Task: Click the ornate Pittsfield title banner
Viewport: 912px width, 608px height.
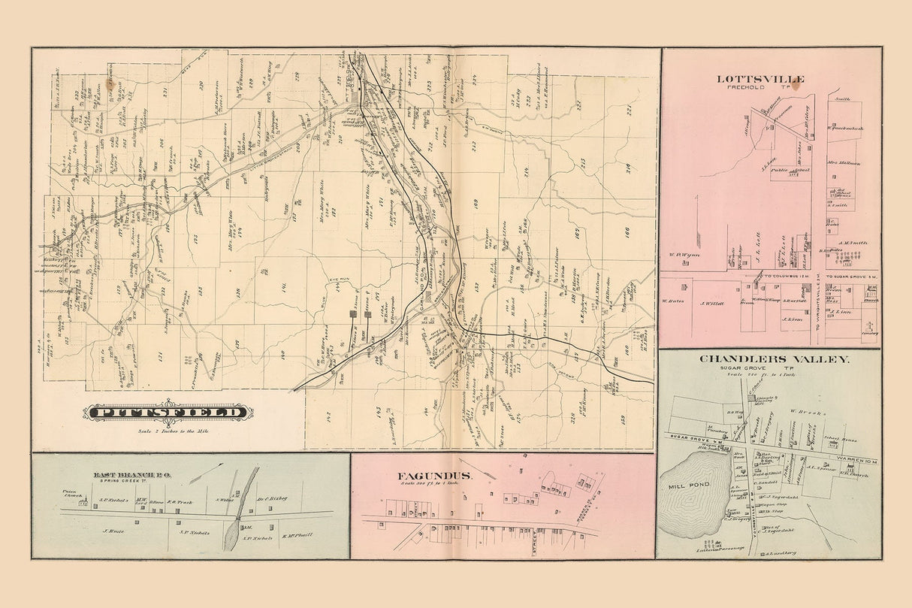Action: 168,412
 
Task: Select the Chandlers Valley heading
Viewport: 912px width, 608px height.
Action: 775,359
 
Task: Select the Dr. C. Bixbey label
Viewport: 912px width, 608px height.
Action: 294,498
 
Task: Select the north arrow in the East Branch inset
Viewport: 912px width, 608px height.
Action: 207,472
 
